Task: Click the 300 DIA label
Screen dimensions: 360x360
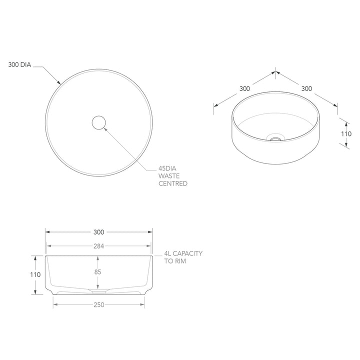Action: point(19,64)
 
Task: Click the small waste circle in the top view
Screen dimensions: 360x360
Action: point(99,122)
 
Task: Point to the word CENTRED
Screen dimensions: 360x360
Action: point(173,183)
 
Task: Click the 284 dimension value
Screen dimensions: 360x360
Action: point(98,245)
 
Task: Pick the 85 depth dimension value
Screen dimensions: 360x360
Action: point(97,272)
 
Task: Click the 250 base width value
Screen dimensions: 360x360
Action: point(98,305)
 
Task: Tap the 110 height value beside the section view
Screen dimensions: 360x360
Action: point(34,274)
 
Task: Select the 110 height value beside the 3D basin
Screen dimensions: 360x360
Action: point(346,133)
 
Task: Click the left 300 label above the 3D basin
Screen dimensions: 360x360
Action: point(244,88)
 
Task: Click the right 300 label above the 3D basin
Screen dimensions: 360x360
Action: point(306,88)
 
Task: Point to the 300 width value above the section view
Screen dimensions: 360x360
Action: point(98,231)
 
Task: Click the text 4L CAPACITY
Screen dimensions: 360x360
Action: point(183,253)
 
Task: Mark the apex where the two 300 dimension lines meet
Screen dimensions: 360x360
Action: point(275,71)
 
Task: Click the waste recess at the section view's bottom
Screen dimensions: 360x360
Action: point(98,289)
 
